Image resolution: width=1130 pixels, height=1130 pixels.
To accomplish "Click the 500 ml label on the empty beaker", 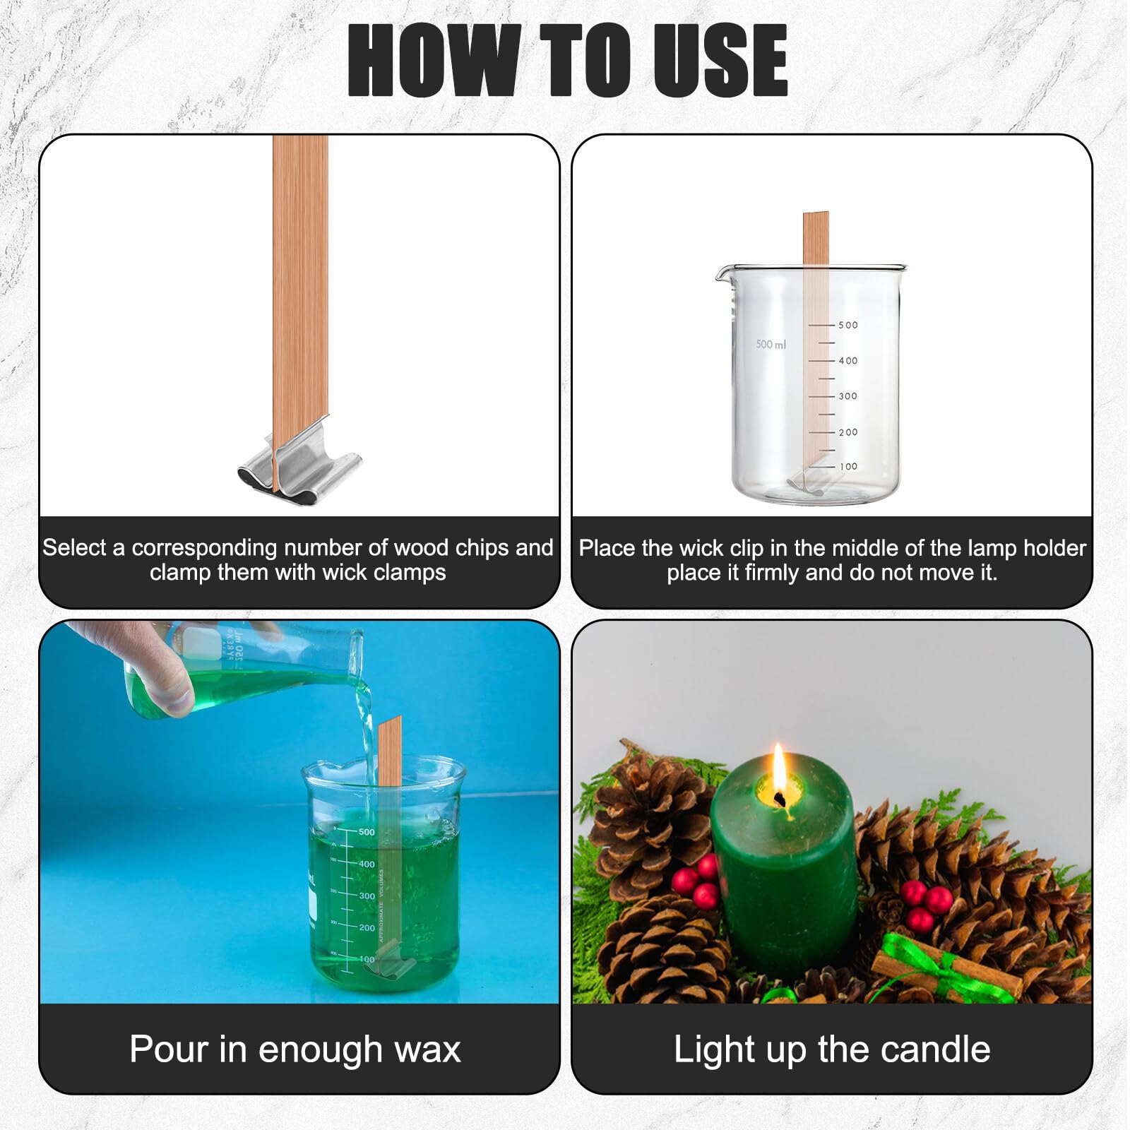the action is coord(771,344).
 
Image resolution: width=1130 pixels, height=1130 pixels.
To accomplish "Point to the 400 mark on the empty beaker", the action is coord(848,361).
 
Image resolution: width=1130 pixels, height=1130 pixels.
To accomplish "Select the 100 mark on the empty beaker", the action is coord(848,467).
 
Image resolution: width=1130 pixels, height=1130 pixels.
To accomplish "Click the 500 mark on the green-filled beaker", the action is coord(367,832).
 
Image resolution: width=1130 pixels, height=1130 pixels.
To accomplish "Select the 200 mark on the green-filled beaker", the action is coord(367,927).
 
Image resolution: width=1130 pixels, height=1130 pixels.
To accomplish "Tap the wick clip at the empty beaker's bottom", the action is coord(816,483).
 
